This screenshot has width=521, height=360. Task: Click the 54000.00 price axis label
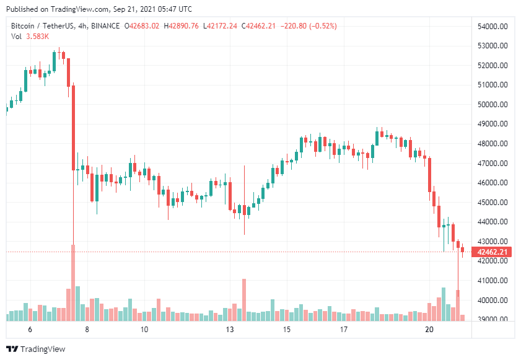(x=493, y=26)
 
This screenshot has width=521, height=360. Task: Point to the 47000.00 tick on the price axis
(x=493, y=164)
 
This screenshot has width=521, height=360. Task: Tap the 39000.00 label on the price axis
(x=493, y=320)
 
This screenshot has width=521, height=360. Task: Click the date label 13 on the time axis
(x=230, y=330)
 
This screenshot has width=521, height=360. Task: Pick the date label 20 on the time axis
(x=429, y=330)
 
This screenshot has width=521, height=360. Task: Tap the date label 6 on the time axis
(x=30, y=330)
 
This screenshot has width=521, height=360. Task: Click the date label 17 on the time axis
(x=343, y=330)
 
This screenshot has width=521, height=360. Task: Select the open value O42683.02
(x=142, y=26)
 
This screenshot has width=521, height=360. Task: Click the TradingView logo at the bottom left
(x=35, y=349)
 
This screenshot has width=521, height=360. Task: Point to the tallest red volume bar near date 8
(x=73, y=283)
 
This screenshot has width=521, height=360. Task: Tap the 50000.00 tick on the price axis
(x=493, y=105)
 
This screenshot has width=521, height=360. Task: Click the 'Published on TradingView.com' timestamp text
(x=99, y=9)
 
